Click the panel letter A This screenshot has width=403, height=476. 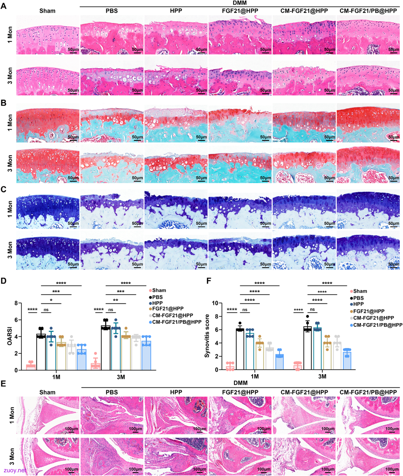point(3,6)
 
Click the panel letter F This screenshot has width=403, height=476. point(209,281)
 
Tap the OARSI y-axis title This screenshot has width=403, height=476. point(10,337)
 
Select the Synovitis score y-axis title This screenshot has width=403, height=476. point(207,336)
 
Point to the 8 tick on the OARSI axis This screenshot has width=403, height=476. point(16,303)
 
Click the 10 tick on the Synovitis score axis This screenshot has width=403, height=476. point(215,303)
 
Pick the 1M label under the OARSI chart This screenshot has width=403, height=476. point(56,377)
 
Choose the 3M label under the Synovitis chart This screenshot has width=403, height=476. point(322,376)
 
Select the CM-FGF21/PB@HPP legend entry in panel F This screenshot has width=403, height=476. point(376,325)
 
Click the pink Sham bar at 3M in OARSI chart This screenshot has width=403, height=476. point(96,367)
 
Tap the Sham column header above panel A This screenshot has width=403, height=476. point(47,11)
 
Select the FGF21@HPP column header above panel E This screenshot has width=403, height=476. point(240,392)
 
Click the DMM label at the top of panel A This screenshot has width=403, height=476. point(240,3)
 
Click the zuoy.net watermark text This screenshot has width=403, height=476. point(15,470)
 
